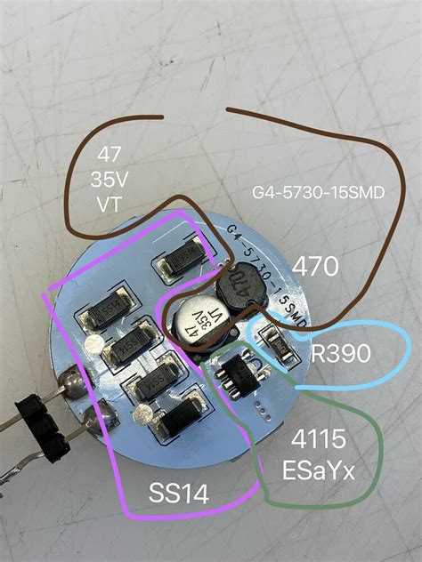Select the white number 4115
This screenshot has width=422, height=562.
pyautogui.click(x=323, y=442)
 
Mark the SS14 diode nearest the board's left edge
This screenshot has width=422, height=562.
pyautogui.click(x=100, y=314)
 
